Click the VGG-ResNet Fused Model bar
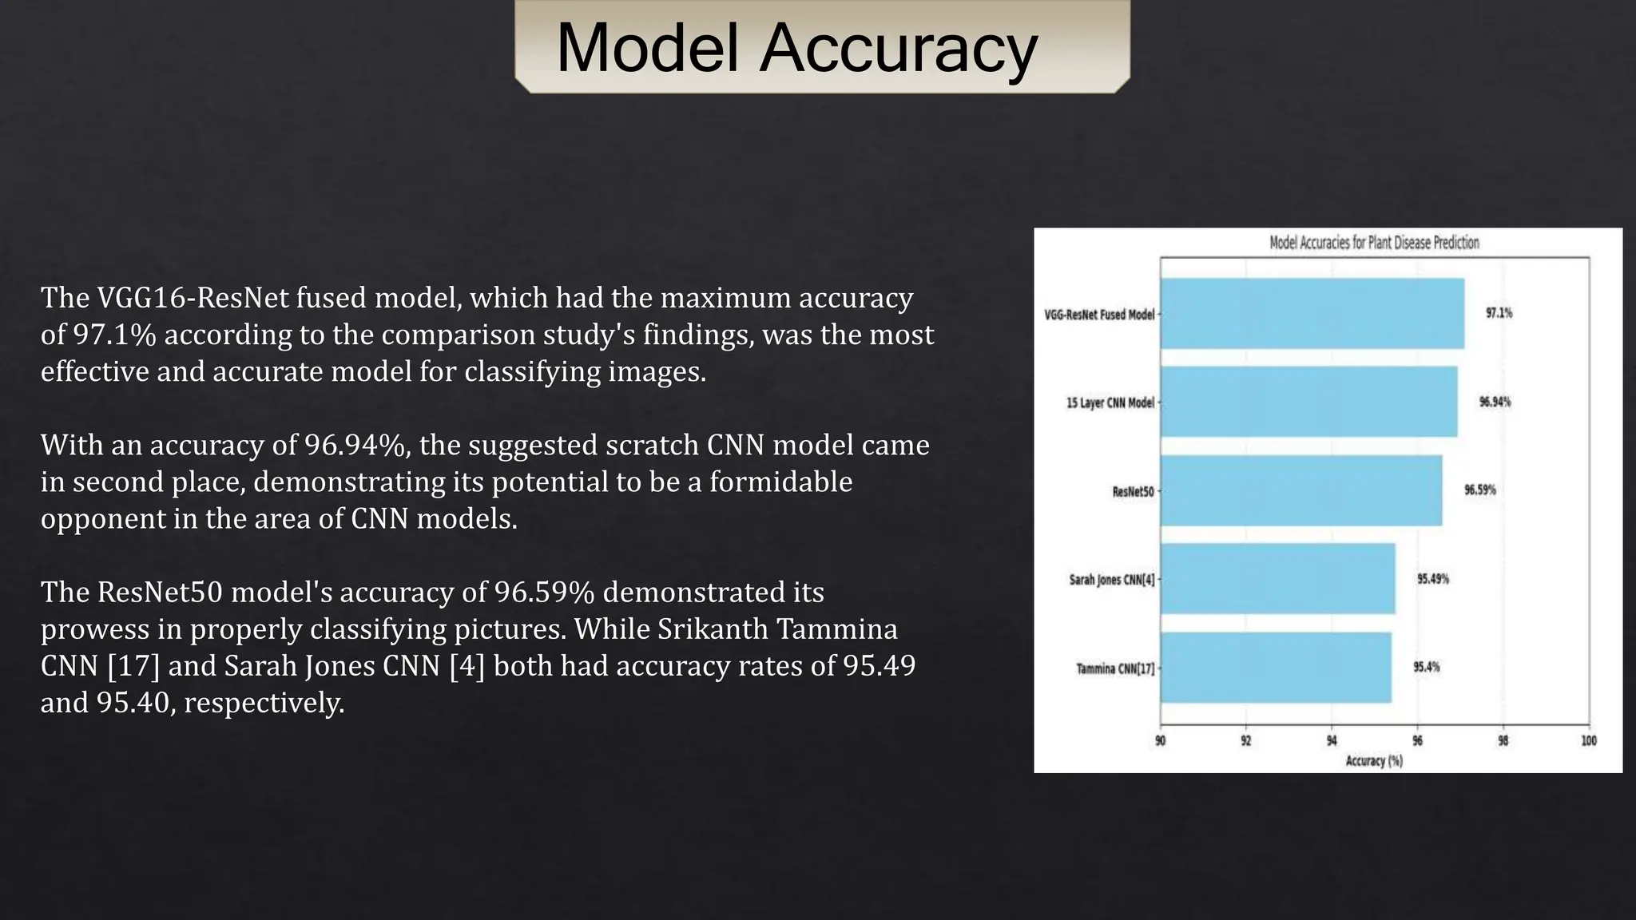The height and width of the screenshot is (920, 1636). tap(1312, 314)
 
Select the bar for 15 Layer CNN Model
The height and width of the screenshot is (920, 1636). tap(1308, 402)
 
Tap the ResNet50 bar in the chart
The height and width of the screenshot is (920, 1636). tap(1301, 490)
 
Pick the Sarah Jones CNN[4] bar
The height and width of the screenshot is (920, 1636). tap(1277, 579)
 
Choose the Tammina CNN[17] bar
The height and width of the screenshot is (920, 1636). tap(1276, 668)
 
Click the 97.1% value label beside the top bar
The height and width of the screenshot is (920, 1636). tap(1499, 313)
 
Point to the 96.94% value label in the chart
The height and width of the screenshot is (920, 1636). tap(1495, 402)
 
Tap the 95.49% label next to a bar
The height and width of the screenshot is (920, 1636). tap(1433, 579)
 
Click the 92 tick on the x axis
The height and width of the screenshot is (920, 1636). tap(1246, 741)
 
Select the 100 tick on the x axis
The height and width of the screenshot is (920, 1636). tap(1589, 741)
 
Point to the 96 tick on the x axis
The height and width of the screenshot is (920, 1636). tap(1417, 741)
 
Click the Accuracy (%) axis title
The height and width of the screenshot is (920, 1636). tap(1374, 761)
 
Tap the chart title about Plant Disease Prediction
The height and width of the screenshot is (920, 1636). tap(1374, 243)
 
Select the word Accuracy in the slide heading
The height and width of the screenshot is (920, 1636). tap(898, 48)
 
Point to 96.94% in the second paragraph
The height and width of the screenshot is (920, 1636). tap(355, 445)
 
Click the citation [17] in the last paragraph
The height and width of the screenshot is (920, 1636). tap(133, 665)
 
